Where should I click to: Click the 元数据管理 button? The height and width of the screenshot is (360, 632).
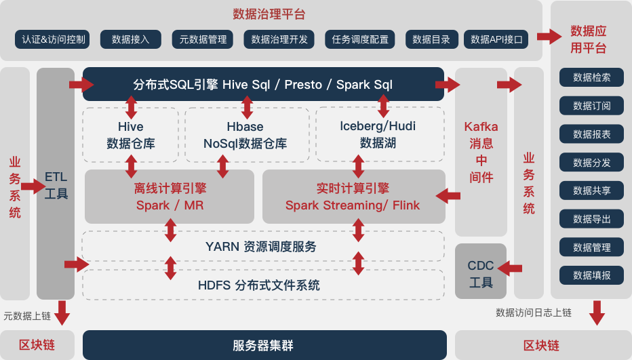[203, 39]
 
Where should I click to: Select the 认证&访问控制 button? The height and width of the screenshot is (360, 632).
[54, 39]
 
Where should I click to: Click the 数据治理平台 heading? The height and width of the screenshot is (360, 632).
[269, 14]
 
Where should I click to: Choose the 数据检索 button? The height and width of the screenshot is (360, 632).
[591, 77]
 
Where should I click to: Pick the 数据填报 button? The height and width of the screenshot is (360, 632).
[591, 275]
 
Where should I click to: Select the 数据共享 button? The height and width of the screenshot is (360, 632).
[591, 191]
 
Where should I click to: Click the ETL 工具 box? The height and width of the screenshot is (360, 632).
[56, 185]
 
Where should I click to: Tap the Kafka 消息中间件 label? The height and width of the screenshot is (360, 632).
[481, 152]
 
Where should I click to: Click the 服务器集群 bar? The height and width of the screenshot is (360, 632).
[264, 345]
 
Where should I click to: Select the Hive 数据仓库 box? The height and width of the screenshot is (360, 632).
[131, 135]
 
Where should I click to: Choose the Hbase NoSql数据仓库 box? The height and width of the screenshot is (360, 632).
[245, 135]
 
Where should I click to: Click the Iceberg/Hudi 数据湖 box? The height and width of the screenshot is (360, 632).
[378, 134]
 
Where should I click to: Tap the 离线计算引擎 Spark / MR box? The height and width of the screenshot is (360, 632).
[170, 197]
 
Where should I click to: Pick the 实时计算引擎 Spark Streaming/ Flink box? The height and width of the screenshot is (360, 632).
[353, 197]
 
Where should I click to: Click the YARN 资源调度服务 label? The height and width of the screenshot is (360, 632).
[261, 247]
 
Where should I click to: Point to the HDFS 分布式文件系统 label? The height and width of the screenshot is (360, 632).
[259, 285]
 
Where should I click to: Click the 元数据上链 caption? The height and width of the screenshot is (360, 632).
[27, 316]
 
